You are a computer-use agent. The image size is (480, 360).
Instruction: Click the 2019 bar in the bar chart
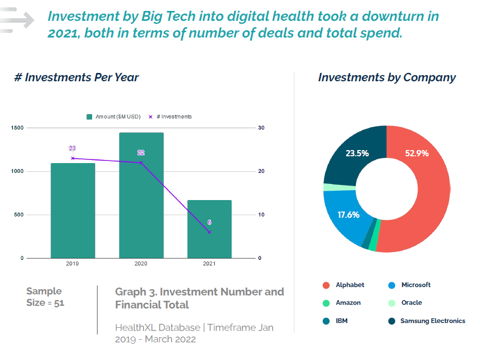pos(73,210)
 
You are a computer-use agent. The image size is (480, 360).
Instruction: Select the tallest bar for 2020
pos(141,195)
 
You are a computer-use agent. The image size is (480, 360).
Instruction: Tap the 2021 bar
pos(209,229)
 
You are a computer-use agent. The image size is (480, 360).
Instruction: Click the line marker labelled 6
pos(209,232)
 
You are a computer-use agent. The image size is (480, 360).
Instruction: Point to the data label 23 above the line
pos(72,148)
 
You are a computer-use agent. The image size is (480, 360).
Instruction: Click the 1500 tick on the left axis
pos(17,128)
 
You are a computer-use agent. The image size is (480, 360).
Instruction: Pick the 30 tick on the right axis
pos(261,128)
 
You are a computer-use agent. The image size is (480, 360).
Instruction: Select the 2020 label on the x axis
pos(141,264)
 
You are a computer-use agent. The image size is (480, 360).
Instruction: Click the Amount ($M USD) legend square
pos(90,117)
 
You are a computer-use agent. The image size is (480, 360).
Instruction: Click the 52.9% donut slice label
pos(416,153)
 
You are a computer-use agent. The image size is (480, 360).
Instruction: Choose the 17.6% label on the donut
pos(348,215)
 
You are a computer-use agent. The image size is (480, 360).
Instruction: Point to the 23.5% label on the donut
pos(357,153)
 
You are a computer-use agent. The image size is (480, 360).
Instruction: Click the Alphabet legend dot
pos(326,285)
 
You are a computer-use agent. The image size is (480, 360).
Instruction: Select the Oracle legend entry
pos(411,303)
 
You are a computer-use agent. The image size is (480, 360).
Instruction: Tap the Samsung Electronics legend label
pos(433,321)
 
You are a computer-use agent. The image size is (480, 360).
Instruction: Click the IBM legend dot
pos(326,321)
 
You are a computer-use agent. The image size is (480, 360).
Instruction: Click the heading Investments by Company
pos(387,78)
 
